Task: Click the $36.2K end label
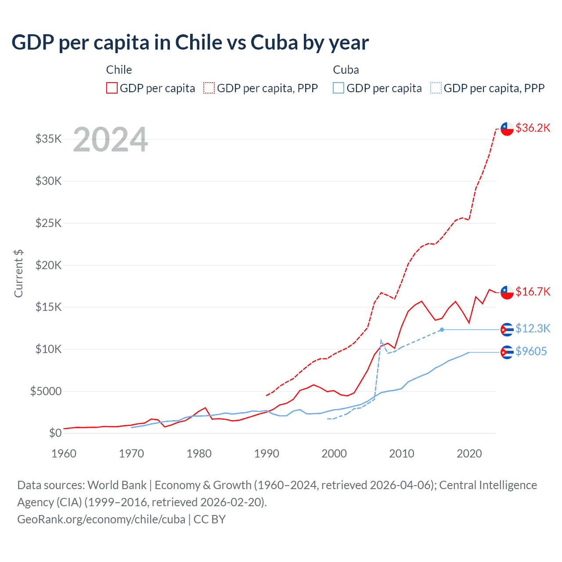(x=533, y=128)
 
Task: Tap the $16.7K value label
(x=533, y=292)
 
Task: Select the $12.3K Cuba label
(x=533, y=328)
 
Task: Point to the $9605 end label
(x=531, y=351)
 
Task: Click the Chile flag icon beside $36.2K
(x=507, y=129)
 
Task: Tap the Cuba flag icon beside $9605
(x=507, y=352)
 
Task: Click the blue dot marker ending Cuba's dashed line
(x=442, y=329)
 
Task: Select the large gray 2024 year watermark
(x=110, y=140)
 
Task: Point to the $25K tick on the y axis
(x=48, y=223)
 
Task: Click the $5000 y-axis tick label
(x=46, y=391)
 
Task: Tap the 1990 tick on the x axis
(x=267, y=454)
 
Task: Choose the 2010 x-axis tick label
(x=401, y=454)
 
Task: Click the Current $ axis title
(x=18, y=273)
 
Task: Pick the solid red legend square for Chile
(x=112, y=88)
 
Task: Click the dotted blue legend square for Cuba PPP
(x=436, y=88)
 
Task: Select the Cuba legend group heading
(x=346, y=70)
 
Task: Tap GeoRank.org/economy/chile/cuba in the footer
(x=101, y=519)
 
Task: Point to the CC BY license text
(x=209, y=519)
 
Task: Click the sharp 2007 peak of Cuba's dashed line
(x=381, y=340)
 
